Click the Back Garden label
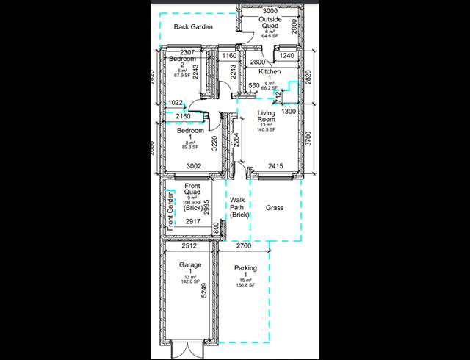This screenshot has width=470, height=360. (x=193, y=27)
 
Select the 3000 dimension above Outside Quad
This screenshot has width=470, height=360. (x=270, y=11)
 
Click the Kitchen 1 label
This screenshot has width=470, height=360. (x=269, y=75)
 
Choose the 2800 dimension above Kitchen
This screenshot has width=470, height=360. (x=258, y=62)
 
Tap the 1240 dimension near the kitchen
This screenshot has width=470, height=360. (x=287, y=56)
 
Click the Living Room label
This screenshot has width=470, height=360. (x=266, y=116)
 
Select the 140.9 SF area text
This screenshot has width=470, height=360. (x=266, y=129)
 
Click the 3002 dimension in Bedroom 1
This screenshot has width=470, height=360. (x=194, y=167)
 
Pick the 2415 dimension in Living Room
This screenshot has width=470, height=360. (x=275, y=167)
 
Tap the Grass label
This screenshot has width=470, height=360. (x=275, y=208)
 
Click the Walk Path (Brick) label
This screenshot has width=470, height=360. (x=239, y=207)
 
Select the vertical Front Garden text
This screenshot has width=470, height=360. (x=170, y=212)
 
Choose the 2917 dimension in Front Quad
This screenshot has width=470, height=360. (x=193, y=221)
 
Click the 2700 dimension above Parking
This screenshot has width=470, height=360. (x=243, y=246)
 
